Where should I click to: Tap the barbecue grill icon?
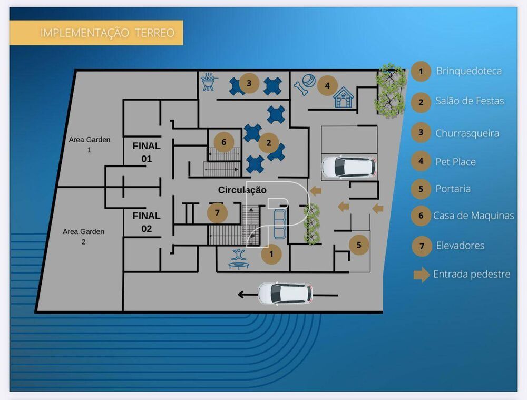tap(209, 82)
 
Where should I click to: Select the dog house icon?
tap(343, 98)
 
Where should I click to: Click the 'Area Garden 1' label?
tap(90, 144)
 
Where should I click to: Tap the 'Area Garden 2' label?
tap(83, 237)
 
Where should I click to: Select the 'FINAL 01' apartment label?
tap(147, 152)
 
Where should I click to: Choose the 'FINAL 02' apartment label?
tap(147, 222)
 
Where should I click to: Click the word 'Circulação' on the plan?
tap(242, 190)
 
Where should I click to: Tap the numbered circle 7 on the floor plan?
tap(217, 213)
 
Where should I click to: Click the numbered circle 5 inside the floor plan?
tap(359, 245)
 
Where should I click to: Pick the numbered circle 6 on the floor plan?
tap(224, 142)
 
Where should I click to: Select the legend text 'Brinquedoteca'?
tap(469, 71)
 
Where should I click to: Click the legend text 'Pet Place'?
tap(455, 162)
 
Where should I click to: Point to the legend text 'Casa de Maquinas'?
tap(473, 216)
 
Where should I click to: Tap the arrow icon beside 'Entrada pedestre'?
tap(422, 275)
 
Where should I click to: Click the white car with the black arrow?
tap(285, 294)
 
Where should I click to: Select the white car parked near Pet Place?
tap(348, 167)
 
